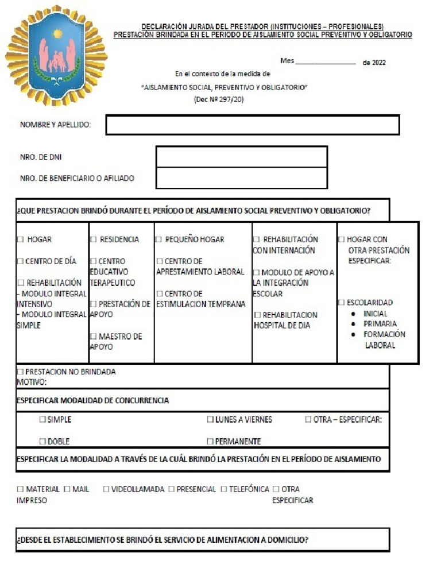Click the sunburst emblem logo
tap(56, 55)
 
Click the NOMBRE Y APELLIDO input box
tap(253, 125)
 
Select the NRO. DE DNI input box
tap(242, 157)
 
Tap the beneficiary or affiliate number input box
tap(242, 178)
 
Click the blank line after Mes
tap(326, 63)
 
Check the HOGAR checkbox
tap(21, 239)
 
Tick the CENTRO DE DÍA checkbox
tap(20, 261)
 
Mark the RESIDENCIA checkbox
tap(93, 239)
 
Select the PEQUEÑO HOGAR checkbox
tap(158, 239)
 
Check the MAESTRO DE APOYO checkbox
tap(93, 336)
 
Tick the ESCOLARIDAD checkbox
tap(341, 303)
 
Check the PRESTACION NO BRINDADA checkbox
tap(21, 372)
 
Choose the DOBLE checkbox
tap(42, 442)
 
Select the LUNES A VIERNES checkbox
tap(210, 420)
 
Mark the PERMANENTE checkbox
tap(210, 442)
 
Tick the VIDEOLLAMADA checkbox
tap(106, 489)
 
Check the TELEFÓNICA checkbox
tap(224, 489)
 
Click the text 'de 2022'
tap(374, 63)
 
